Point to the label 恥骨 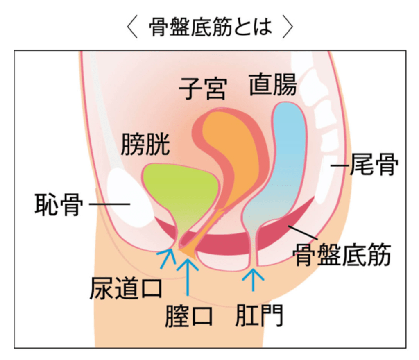59,204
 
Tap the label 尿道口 126,287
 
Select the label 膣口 189,316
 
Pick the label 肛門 259,316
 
